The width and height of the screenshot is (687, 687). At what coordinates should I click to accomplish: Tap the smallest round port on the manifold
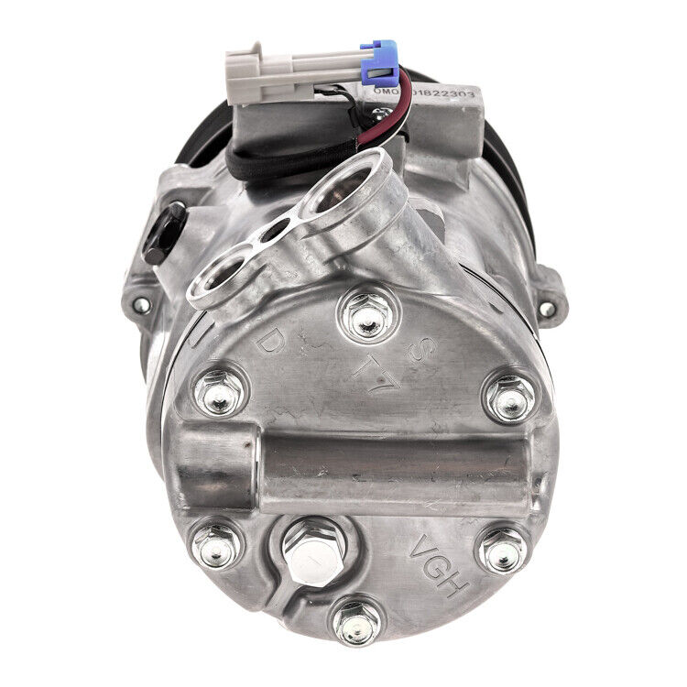[272, 233]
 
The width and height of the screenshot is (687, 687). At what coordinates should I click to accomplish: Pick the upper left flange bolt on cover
[220, 392]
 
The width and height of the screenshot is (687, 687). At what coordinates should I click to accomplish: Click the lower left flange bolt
[217, 547]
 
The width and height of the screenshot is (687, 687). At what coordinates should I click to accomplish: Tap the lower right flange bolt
[503, 550]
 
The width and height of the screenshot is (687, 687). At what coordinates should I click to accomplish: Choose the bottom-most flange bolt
[356, 624]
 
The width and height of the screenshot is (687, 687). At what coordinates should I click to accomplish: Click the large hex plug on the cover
[313, 554]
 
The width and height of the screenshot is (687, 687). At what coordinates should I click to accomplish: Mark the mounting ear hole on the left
[139, 303]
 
